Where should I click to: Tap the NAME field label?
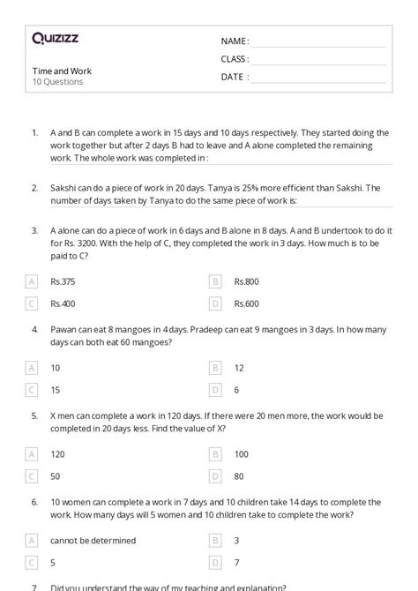(x=235, y=41)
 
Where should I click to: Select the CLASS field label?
(x=235, y=59)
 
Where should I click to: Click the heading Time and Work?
(x=62, y=71)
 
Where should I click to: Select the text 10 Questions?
(x=57, y=82)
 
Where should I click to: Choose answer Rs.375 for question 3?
(x=63, y=281)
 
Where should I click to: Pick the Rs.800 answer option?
(x=246, y=281)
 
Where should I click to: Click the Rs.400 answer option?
(x=63, y=303)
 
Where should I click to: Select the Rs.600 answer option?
(x=246, y=303)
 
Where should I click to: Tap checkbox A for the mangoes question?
(x=33, y=367)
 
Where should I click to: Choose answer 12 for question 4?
(x=239, y=367)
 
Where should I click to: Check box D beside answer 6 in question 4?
(x=215, y=389)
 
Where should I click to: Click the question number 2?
(x=34, y=188)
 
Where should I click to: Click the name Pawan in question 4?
(x=65, y=328)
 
